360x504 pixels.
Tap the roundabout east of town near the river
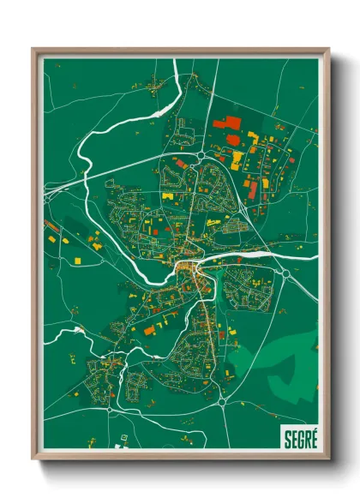284,273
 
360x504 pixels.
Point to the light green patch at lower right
291,369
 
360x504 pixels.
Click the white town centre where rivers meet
187,273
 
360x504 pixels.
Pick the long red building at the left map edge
51,226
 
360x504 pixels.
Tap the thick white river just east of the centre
249,256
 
